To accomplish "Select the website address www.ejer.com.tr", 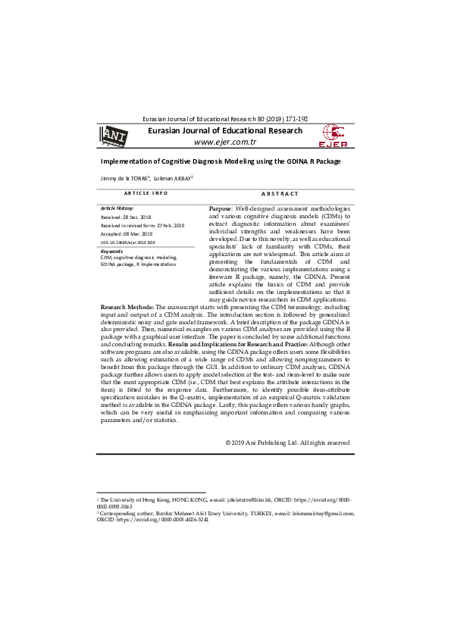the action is pos(225,142).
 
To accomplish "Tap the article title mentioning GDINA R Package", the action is pos(221,162).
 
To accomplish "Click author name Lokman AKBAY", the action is pos(174,179).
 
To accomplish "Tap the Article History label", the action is pos(117,208).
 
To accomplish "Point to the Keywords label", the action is pos(111,251).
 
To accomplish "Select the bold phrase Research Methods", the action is pos(127,308).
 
